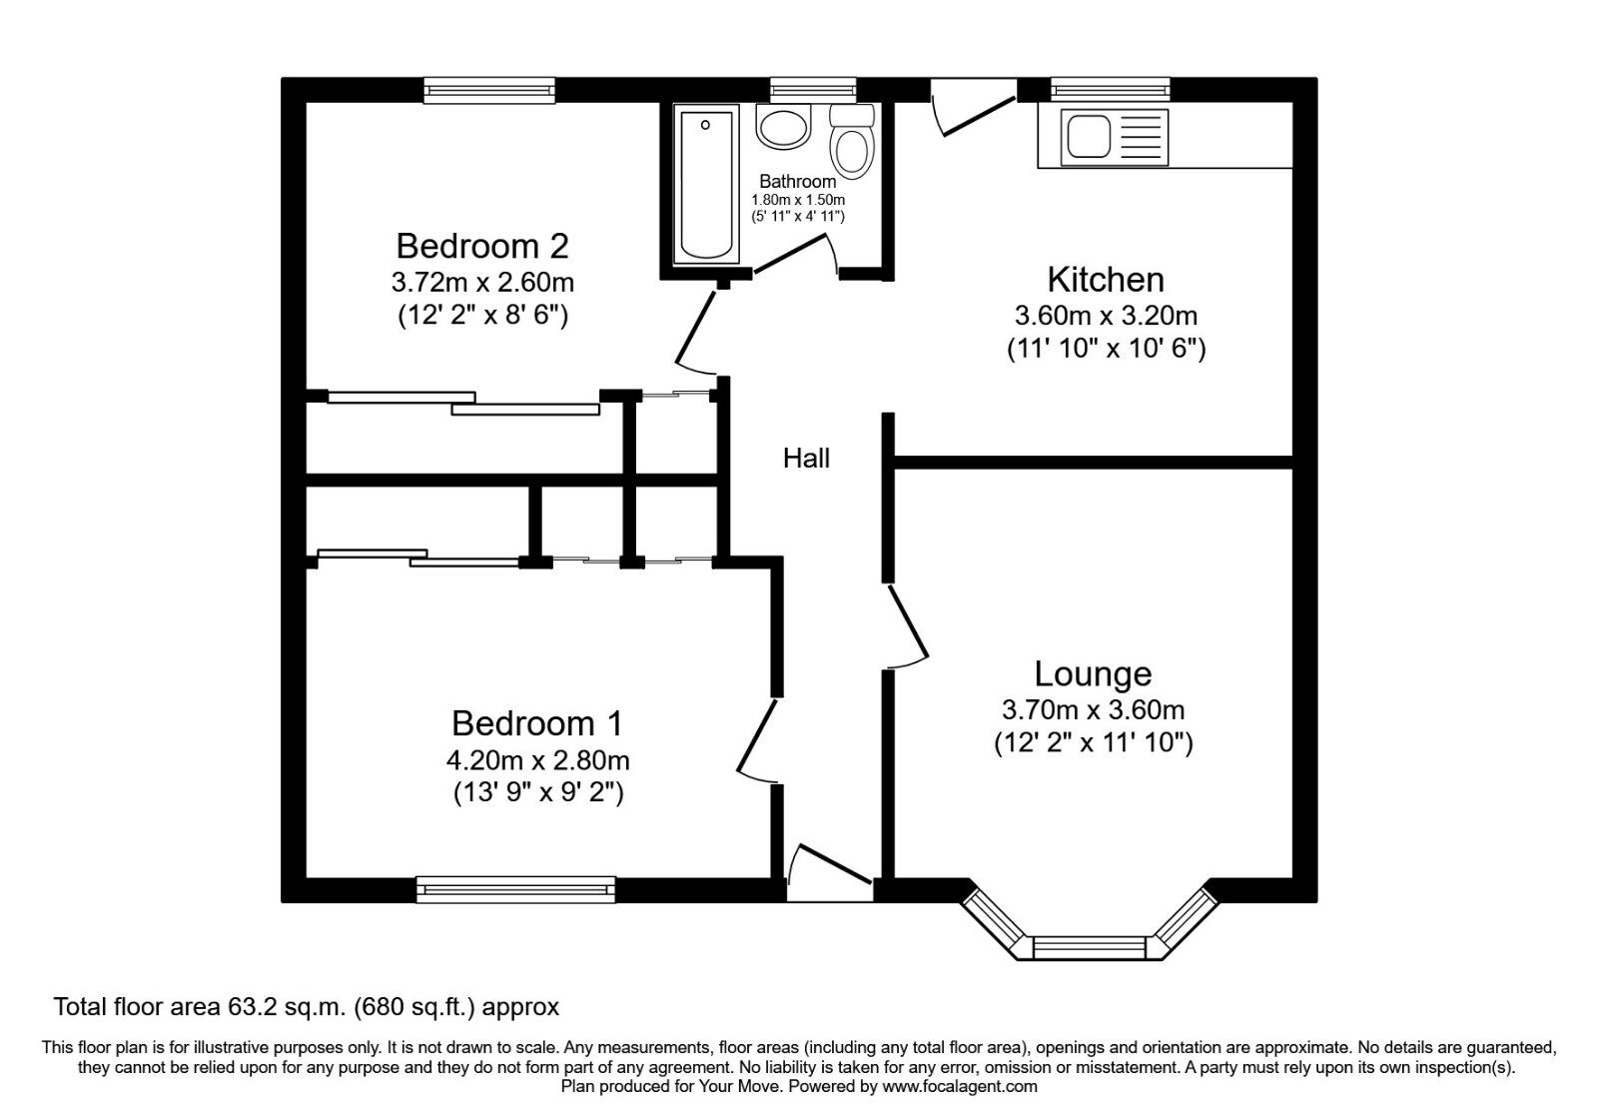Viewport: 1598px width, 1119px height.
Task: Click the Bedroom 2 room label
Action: click(x=482, y=246)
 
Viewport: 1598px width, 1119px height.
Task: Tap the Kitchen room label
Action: click(x=1106, y=280)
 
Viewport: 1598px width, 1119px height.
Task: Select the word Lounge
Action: click(x=1093, y=674)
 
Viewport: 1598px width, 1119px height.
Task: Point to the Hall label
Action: click(x=806, y=459)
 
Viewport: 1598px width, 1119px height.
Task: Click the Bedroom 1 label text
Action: click(x=537, y=722)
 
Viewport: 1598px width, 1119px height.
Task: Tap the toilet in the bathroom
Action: click(x=852, y=143)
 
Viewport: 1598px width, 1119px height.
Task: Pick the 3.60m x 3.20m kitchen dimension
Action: click(x=1106, y=317)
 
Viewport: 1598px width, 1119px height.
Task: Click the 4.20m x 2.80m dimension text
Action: click(x=537, y=760)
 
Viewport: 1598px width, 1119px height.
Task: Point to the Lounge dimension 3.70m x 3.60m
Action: click(x=1093, y=710)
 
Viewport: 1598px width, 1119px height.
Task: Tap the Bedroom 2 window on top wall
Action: click(x=488, y=91)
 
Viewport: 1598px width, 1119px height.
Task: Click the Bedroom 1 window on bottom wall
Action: click(x=515, y=889)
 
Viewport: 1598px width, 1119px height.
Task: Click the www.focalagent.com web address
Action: click(x=960, y=1086)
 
